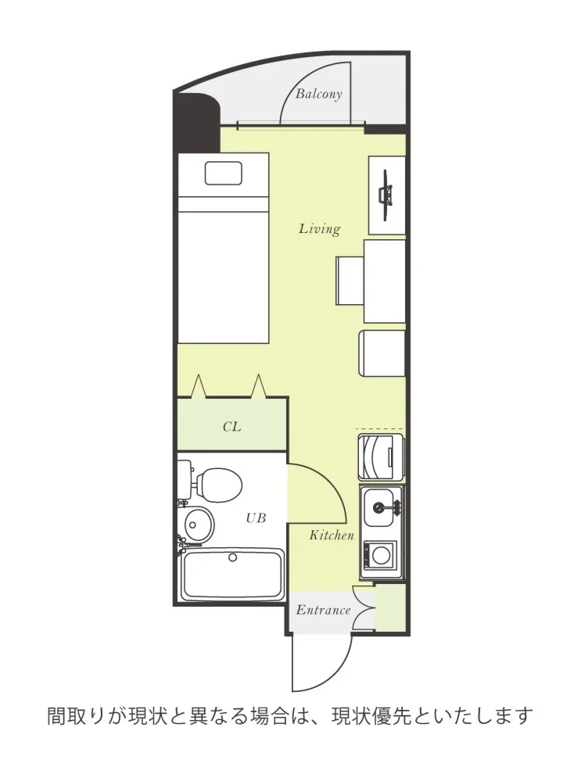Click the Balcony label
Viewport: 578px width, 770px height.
pos(318,94)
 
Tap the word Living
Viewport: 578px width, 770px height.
pos(319,229)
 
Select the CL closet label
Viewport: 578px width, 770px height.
pos(232,427)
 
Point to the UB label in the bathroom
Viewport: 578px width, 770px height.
pos(256,518)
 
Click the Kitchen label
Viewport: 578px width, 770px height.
pos(332,535)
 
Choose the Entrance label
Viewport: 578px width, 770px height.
pos(323,611)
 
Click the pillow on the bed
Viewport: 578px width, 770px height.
pos(224,174)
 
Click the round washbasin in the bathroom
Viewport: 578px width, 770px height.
pos(199,524)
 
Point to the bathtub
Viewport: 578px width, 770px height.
pos(232,575)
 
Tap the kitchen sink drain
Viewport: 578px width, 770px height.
pos(379,507)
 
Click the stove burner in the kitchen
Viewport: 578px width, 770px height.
pos(380,555)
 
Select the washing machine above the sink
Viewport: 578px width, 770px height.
pos(381,457)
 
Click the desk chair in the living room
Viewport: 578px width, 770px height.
pos(350,280)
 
